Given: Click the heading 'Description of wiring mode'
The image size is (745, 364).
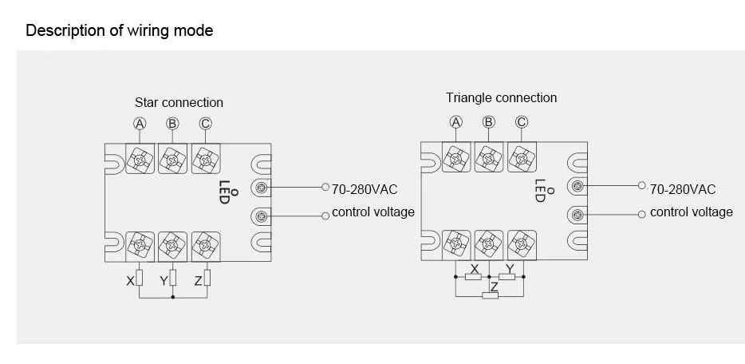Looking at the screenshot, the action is (120, 30).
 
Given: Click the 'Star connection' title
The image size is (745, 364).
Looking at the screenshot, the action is (179, 103).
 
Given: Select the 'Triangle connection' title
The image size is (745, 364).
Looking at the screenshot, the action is (501, 98).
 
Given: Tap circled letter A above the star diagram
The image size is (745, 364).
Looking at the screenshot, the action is (140, 124).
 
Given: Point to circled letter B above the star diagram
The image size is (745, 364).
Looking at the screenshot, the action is (172, 124).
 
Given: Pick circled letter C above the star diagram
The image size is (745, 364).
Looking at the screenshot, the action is (205, 124).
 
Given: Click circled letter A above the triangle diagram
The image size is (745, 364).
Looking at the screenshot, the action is (456, 122).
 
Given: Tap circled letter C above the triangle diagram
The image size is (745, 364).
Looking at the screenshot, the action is (522, 122).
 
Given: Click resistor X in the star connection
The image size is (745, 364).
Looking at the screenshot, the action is (140, 278).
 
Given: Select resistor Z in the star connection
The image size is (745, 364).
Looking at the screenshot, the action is (207, 278).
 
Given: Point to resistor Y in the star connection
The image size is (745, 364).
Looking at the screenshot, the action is (173, 278).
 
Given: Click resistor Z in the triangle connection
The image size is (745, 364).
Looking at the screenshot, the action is (491, 295).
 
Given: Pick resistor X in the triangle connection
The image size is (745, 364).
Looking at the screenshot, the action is (473, 276).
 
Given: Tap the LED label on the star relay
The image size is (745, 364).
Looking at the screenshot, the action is (224, 192).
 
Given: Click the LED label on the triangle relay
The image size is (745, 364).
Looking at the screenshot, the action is (540, 191).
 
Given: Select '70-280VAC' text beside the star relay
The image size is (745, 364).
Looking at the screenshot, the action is (365, 190).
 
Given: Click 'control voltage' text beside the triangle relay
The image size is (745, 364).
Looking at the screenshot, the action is (692, 212).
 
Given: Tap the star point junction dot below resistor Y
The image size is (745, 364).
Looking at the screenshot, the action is (173, 298).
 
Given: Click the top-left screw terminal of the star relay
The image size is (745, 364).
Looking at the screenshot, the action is (140, 159).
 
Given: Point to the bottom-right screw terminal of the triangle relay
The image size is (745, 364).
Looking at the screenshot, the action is (522, 244).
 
